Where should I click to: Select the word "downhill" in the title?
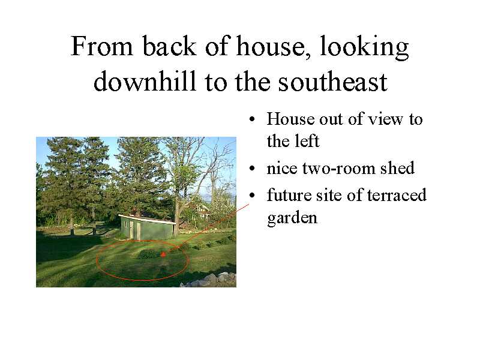[145, 82]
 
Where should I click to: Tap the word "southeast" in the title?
[333, 82]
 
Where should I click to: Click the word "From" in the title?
[102, 46]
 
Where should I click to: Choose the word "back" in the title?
[169, 46]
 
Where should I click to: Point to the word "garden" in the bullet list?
[292, 218]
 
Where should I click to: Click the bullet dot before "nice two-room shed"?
[252, 168]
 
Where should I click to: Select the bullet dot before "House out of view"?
[252, 119]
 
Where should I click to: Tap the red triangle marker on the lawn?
[163, 254]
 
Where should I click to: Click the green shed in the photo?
[148, 228]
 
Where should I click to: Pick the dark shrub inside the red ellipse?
[149, 254]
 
